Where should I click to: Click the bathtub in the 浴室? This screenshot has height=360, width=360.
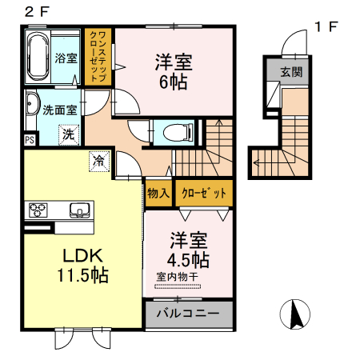click(x=39, y=57)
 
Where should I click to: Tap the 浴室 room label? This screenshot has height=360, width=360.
click(x=66, y=58)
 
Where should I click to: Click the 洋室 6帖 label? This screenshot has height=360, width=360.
click(x=174, y=72)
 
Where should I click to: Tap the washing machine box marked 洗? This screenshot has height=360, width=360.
click(x=69, y=135)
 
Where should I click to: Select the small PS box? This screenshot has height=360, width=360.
click(x=30, y=139)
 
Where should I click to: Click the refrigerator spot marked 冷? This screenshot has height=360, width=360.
click(x=99, y=160)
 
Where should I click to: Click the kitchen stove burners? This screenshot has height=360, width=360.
click(x=39, y=210)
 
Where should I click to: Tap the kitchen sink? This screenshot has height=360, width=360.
click(x=80, y=210)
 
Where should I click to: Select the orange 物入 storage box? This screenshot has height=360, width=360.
click(x=158, y=193)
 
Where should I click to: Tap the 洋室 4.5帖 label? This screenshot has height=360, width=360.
click(x=189, y=250)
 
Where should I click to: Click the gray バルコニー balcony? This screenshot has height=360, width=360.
click(x=188, y=312)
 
